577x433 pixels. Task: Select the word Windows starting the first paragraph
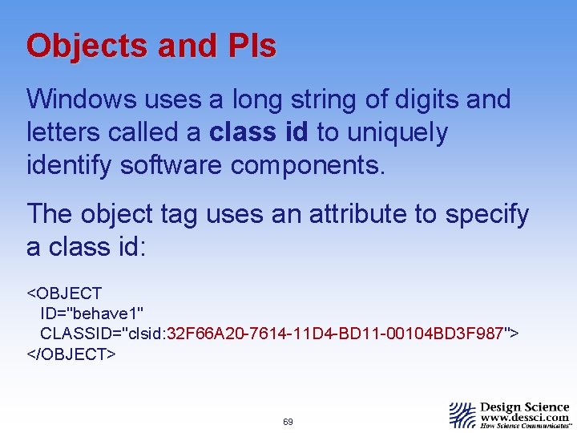pos(81,100)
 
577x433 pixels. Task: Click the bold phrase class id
pos(259,132)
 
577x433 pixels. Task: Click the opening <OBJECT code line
pos(65,293)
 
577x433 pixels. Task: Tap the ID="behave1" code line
pos(92,313)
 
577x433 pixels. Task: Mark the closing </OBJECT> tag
pos(72,354)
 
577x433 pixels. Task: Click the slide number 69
pos(288,421)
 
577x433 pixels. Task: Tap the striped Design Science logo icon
pos(462,415)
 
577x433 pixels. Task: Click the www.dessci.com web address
pos(525,418)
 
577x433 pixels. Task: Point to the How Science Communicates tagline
pos(525,427)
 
